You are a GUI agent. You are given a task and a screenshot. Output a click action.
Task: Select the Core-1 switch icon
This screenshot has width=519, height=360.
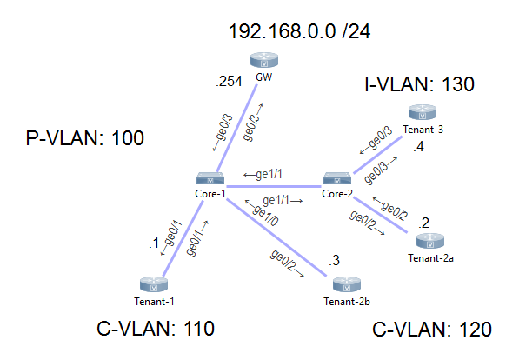211,177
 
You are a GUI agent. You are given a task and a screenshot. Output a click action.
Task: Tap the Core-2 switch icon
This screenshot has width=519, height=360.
336,177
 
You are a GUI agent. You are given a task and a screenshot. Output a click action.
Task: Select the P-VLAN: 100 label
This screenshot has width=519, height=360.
85,137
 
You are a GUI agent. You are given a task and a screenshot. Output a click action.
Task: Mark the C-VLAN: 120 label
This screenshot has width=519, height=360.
431,330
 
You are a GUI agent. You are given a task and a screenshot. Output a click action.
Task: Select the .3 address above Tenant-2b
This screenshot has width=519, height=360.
334,259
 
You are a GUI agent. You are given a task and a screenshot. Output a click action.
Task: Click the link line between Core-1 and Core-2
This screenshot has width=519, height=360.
274,185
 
